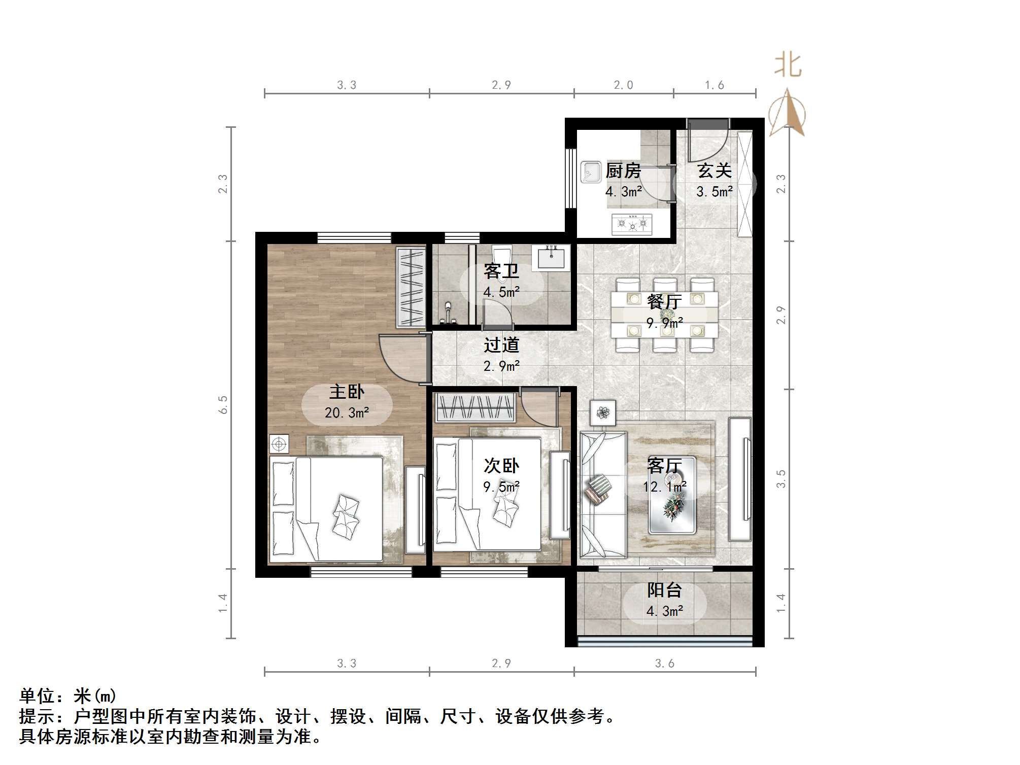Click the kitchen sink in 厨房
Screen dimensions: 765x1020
[591, 171]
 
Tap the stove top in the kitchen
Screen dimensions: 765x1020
[632, 224]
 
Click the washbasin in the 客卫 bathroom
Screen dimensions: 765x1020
[551, 256]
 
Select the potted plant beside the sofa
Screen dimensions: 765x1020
[603, 413]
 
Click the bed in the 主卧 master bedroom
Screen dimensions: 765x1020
[326, 509]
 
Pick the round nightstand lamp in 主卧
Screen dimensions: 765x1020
[279, 444]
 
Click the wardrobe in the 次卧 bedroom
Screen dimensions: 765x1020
[475, 407]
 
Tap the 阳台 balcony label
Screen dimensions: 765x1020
[664, 590]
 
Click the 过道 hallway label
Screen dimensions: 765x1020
[501, 345]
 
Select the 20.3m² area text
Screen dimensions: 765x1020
[347, 413]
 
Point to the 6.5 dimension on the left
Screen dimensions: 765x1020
[223, 405]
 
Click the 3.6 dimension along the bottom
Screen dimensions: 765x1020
[664, 664]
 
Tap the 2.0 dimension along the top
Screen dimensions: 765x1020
[623, 85]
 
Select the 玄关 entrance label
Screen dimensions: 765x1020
[714, 171]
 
